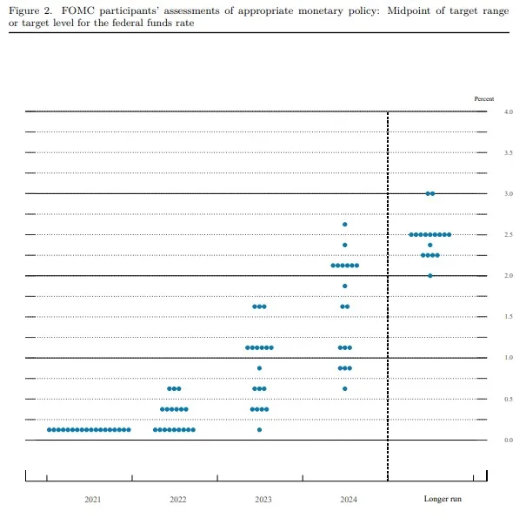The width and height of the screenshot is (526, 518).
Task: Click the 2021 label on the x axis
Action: (x=93, y=499)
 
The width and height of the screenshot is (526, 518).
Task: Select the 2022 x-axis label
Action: (x=177, y=499)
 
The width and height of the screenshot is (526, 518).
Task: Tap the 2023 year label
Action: (x=263, y=499)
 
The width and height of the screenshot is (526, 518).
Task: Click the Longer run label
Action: (x=442, y=499)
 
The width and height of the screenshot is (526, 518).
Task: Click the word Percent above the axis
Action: (x=483, y=99)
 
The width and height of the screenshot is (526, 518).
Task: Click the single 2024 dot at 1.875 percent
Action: (x=345, y=286)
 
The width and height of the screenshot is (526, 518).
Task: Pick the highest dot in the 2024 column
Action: (x=345, y=225)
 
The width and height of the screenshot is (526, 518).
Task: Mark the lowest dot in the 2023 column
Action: (x=259, y=429)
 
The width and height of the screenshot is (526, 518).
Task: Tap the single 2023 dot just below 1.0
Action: (x=259, y=368)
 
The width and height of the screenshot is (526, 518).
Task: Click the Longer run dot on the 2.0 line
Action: (x=430, y=275)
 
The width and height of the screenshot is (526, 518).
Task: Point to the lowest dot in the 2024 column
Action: (x=345, y=388)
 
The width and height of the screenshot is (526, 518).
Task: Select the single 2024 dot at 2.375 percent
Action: (x=345, y=245)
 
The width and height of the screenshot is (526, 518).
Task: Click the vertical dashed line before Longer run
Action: (x=387, y=296)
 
